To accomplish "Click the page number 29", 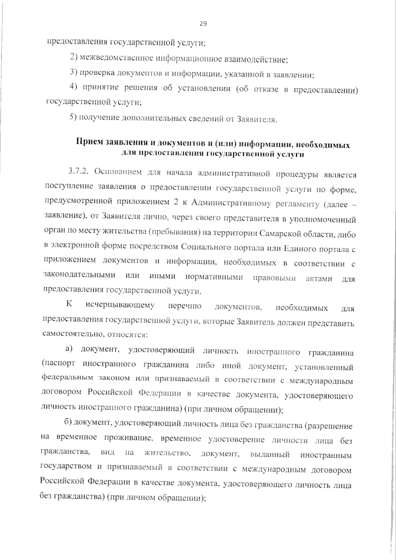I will point(203,23).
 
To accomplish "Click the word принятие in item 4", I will point(98,88).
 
